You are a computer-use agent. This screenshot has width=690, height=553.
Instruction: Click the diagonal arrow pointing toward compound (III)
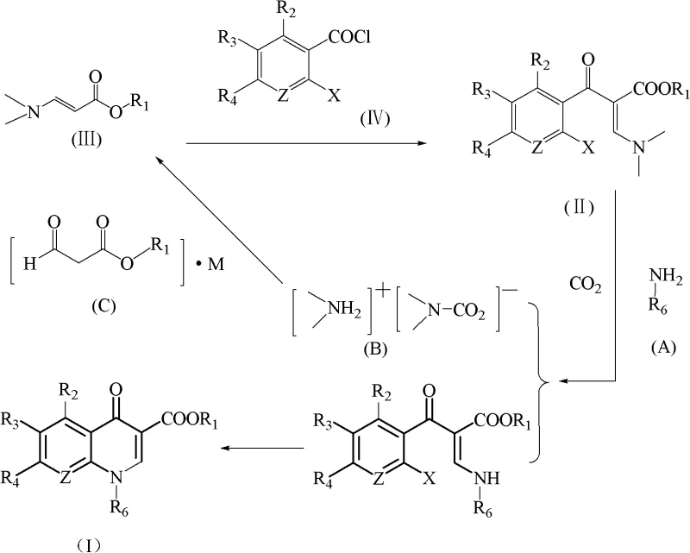coord(220,220)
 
